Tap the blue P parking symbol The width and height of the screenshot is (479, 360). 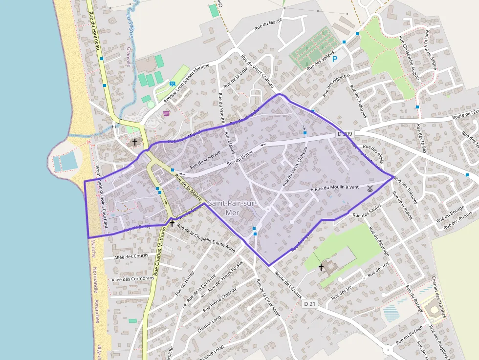coord(335,59)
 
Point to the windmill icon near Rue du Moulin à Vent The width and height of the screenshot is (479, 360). coord(370,188)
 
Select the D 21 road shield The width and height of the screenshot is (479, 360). coord(310,304)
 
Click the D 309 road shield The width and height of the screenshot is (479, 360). coord(345,134)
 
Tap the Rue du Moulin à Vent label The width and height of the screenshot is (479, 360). coord(337,188)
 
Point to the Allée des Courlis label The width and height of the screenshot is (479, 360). coord(131,256)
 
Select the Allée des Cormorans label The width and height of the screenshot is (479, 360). coord(133,279)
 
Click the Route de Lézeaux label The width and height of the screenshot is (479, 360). coord(288,285)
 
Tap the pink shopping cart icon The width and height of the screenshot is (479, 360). coord(167,113)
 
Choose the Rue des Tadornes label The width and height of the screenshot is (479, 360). coord(358,102)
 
